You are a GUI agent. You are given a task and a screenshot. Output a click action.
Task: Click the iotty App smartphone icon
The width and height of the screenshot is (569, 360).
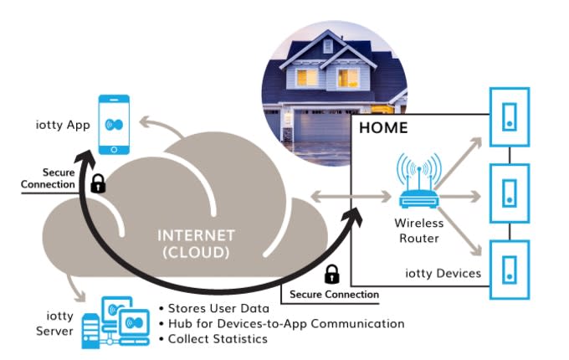point(115,125)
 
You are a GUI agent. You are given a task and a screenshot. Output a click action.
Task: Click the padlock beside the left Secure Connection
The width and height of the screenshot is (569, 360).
point(98,183)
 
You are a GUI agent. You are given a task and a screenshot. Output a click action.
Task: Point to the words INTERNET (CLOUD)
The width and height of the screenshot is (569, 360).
point(197,243)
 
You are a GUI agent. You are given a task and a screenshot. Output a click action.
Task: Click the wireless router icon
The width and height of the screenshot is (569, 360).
point(418,189)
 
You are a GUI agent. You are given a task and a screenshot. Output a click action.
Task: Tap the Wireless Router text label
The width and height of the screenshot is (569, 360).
point(418,231)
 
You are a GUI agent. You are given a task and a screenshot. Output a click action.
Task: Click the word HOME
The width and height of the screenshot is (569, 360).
point(383,128)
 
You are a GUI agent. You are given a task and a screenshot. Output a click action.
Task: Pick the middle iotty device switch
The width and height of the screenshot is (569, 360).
point(509,194)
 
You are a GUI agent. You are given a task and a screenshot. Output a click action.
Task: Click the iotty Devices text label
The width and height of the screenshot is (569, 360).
point(442,273)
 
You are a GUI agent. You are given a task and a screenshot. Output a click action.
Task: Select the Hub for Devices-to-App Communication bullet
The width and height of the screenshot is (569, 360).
point(281,323)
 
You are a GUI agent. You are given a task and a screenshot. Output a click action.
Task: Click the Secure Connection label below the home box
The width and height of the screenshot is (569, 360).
point(335,294)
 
